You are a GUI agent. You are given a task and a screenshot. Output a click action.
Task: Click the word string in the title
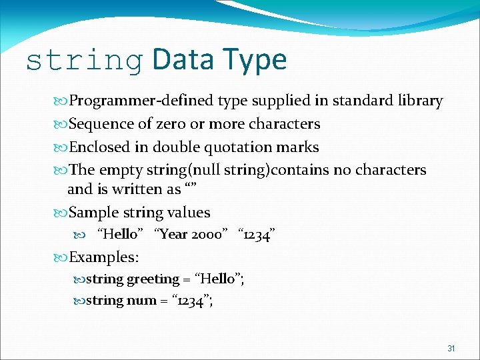pyautogui.click(x=83, y=61)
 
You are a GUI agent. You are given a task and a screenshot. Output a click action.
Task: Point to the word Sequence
pyautogui.click(x=100, y=124)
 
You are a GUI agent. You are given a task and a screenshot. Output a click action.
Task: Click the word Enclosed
pyautogui.click(x=99, y=147)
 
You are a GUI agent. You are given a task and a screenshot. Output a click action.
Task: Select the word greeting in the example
pyautogui.click(x=153, y=279)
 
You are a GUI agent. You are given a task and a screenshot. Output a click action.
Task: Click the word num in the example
pyautogui.click(x=141, y=300)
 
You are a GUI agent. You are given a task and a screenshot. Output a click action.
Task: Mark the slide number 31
pyautogui.click(x=451, y=349)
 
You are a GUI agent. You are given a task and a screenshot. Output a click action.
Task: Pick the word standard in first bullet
pyautogui.click(x=361, y=101)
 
